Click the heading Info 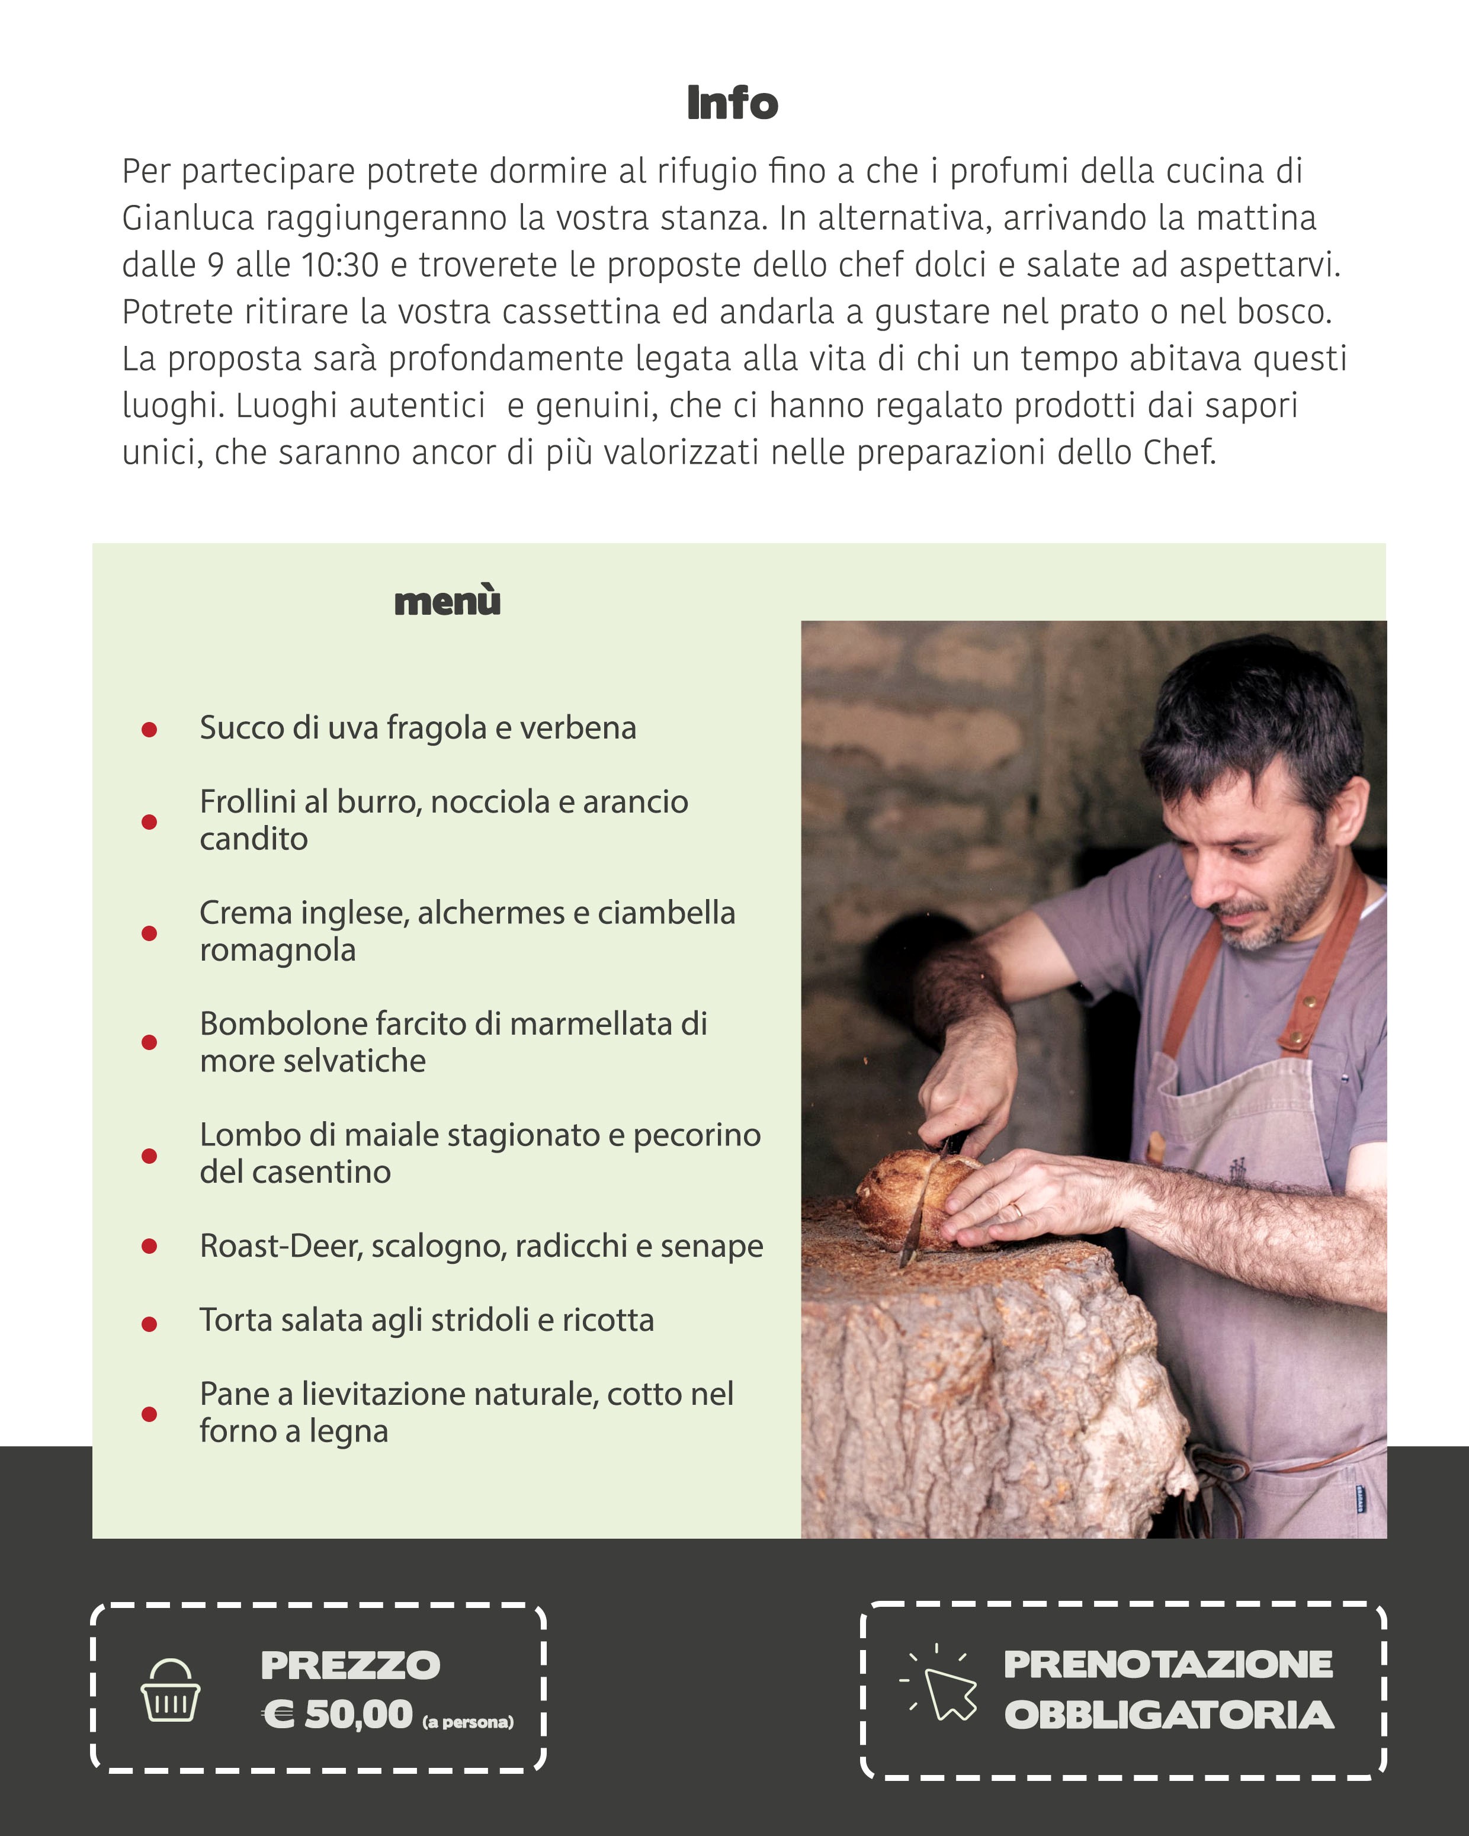(x=732, y=103)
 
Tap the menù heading (x=447, y=601)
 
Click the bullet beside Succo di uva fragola (x=149, y=730)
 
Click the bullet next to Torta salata (x=149, y=1324)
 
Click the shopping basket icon (x=171, y=1690)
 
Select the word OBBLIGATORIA (x=1168, y=1716)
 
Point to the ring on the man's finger (x=1016, y=1210)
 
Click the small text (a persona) (x=467, y=1722)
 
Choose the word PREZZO (x=350, y=1665)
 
